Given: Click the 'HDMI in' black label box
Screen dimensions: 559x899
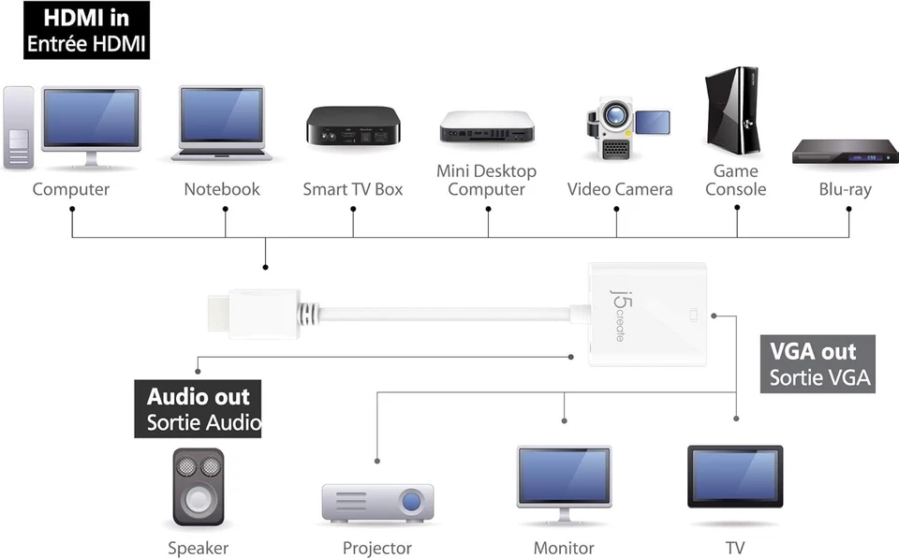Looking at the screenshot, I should click(86, 30).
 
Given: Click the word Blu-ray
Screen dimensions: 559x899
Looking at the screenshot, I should click(845, 189).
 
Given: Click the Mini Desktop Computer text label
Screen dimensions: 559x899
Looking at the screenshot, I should click(486, 180).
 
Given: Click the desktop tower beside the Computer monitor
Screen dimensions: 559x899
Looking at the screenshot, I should click(19, 126).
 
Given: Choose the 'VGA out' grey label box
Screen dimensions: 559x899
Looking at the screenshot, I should click(818, 364).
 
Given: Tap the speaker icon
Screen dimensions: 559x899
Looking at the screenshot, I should click(199, 486).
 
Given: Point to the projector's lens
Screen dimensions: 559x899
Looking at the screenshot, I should click(411, 503).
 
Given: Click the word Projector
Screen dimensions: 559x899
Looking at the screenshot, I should click(376, 548).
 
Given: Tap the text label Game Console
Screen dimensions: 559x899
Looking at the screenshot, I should click(735, 180).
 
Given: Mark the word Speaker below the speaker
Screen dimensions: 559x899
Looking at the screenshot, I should click(198, 548).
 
